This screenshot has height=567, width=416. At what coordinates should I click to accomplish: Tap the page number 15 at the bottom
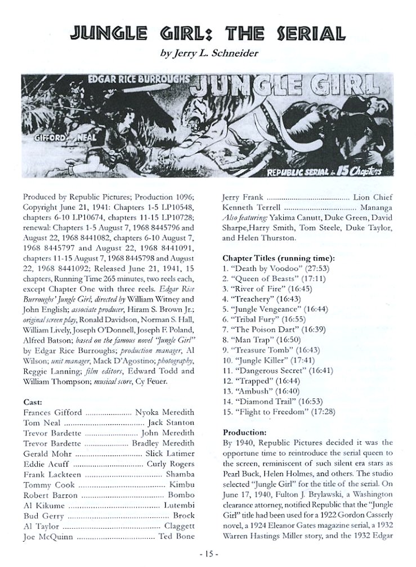[x=208, y=559]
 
